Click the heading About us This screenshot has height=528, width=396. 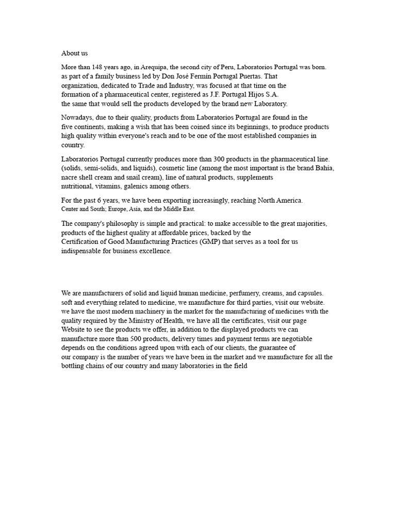click(x=75, y=53)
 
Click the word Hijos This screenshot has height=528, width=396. click(x=249, y=94)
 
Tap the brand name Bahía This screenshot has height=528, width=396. click(x=324, y=168)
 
